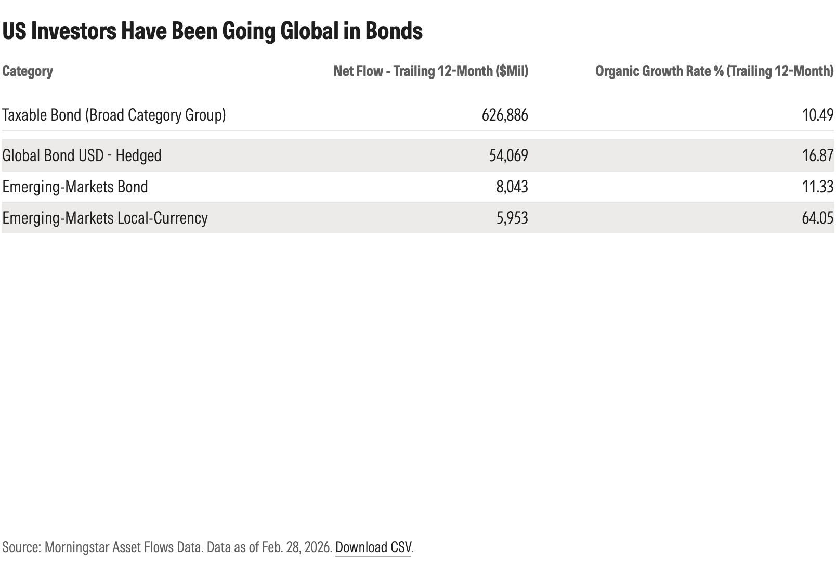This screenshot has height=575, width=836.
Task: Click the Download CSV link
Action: [373, 547]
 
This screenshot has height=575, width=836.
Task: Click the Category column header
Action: [28, 71]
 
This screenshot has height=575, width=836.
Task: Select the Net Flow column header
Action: [430, 71]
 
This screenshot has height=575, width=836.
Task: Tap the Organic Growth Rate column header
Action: [714, 71]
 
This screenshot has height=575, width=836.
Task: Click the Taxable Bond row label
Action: [114, 115]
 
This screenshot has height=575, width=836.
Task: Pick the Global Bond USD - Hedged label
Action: [82, 155]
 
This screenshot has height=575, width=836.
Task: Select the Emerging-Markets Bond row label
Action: [75, 187]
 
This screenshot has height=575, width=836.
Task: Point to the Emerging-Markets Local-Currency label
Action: [104, 218]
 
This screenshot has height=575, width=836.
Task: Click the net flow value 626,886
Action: [504, 115]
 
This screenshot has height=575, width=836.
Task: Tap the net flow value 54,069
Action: [508, 155]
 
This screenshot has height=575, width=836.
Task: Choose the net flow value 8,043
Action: [512, 187]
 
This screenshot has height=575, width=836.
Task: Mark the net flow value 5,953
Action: [512, 218]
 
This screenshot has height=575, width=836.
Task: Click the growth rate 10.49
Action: [817, 115]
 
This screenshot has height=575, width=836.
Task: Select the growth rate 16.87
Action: [817, 155]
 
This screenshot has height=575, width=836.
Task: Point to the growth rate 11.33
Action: [817, 187]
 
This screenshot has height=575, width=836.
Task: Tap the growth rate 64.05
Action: [817, 218]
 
